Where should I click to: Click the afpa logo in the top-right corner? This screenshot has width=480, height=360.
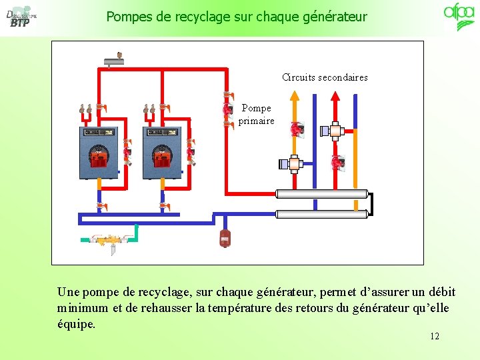459,16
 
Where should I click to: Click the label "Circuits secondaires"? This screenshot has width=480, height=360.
325,77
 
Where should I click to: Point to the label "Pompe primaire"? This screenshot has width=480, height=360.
256,114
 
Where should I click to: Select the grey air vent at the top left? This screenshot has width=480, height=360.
114,62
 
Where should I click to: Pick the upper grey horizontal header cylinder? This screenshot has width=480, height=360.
322,194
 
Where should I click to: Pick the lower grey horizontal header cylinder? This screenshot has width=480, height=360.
322,214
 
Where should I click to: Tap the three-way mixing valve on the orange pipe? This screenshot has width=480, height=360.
293,163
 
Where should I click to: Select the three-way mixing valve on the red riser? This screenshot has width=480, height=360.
334,131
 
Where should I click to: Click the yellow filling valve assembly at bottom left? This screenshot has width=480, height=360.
108,240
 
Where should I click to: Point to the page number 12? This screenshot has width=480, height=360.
435,336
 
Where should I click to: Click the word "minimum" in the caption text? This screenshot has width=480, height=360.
80,308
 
